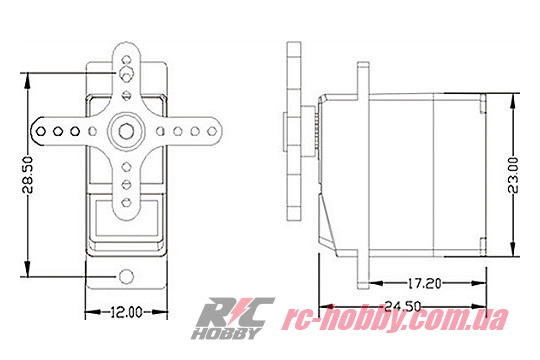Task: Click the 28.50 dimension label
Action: pyautogui.click(x=28, y=175)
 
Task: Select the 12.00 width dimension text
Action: pyautogui.click(x=126, y=312)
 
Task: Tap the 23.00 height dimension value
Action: pyautogui.click(x=513, y=175)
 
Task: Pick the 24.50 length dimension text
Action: pyautogui.click(x=402, y=306)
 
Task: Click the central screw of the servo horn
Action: pyautogui.click(x=126, y=131)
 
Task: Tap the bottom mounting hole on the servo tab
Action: pyautogui.click(x=126, y=276)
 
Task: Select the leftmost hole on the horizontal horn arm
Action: pyautogui.click(x=41, y=131)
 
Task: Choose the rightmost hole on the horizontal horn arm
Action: pyautogui.click(x=212, y=131)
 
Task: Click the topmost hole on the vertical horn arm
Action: pyautogui.click(x=126, y=60)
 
